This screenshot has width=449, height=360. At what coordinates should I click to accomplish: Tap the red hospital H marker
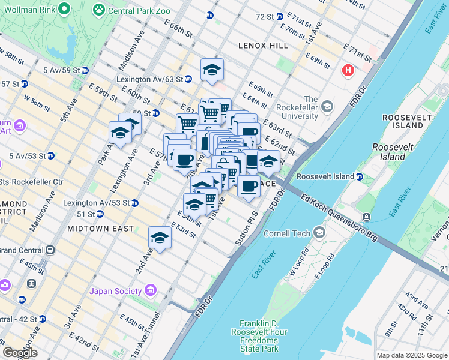(x=348, y=71)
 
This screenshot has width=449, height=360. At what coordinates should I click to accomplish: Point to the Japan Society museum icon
(x=151, y=292)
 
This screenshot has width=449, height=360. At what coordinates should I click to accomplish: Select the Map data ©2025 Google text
(x=412, y=355)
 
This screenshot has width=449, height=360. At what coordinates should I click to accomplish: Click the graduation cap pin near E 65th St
(x=212, y=70)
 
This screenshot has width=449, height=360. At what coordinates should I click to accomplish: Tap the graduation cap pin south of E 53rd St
(x=160, y=238)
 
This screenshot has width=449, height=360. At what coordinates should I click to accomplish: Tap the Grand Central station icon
(x=50, y=249)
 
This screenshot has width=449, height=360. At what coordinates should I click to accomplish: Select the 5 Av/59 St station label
(x=62, y=70)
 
